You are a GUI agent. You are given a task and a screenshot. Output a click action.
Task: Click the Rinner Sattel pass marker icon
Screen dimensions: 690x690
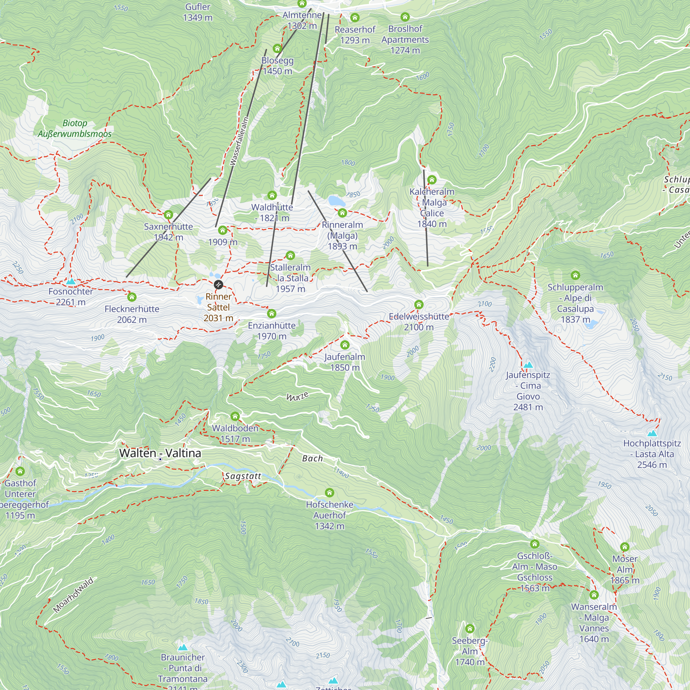click(x=219, y=285)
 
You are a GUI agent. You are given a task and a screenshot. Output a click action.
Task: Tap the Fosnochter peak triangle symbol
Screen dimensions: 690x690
click(x=71, y=282)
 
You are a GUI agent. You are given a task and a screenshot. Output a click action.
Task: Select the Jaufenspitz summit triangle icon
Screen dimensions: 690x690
click(x=528, y=365)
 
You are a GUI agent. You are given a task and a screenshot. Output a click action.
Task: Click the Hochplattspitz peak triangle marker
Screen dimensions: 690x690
click(x=652, y=433)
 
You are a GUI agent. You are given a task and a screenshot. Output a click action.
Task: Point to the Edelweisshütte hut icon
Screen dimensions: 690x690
click(x=419, y=305)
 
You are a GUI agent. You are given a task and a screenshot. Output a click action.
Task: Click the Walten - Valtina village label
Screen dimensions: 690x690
click(x=160, y=453)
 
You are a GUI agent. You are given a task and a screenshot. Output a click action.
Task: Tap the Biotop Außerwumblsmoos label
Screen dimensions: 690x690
click(x=75, y=129)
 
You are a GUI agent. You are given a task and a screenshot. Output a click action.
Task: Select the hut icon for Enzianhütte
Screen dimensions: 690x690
click(x=272, y=314)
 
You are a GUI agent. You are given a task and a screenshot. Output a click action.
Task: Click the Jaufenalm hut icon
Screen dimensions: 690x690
click(x=345, y=345)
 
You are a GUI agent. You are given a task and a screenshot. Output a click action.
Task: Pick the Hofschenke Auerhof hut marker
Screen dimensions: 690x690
click(x=329, y=493)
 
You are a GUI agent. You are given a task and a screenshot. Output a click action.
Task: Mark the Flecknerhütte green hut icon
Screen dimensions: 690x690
click(x=132, y=297)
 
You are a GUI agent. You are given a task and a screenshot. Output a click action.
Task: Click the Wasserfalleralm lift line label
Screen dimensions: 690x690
click(x=239, y=141)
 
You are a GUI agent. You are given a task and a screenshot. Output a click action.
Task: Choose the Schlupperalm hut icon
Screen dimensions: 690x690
click(x=575, y=275)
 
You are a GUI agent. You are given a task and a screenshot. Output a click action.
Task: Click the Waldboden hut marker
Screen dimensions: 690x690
click(x=235, y=416)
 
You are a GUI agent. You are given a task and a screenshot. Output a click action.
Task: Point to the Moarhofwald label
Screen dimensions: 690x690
click(x=73, y=595)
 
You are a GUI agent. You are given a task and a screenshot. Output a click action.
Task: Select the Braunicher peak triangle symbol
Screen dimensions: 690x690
click(x=183, y=647)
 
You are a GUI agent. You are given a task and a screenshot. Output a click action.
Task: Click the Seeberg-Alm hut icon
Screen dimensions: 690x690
click(x=470, y=629)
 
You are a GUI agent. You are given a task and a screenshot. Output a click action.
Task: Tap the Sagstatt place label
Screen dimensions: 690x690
click(x=243, y=476)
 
